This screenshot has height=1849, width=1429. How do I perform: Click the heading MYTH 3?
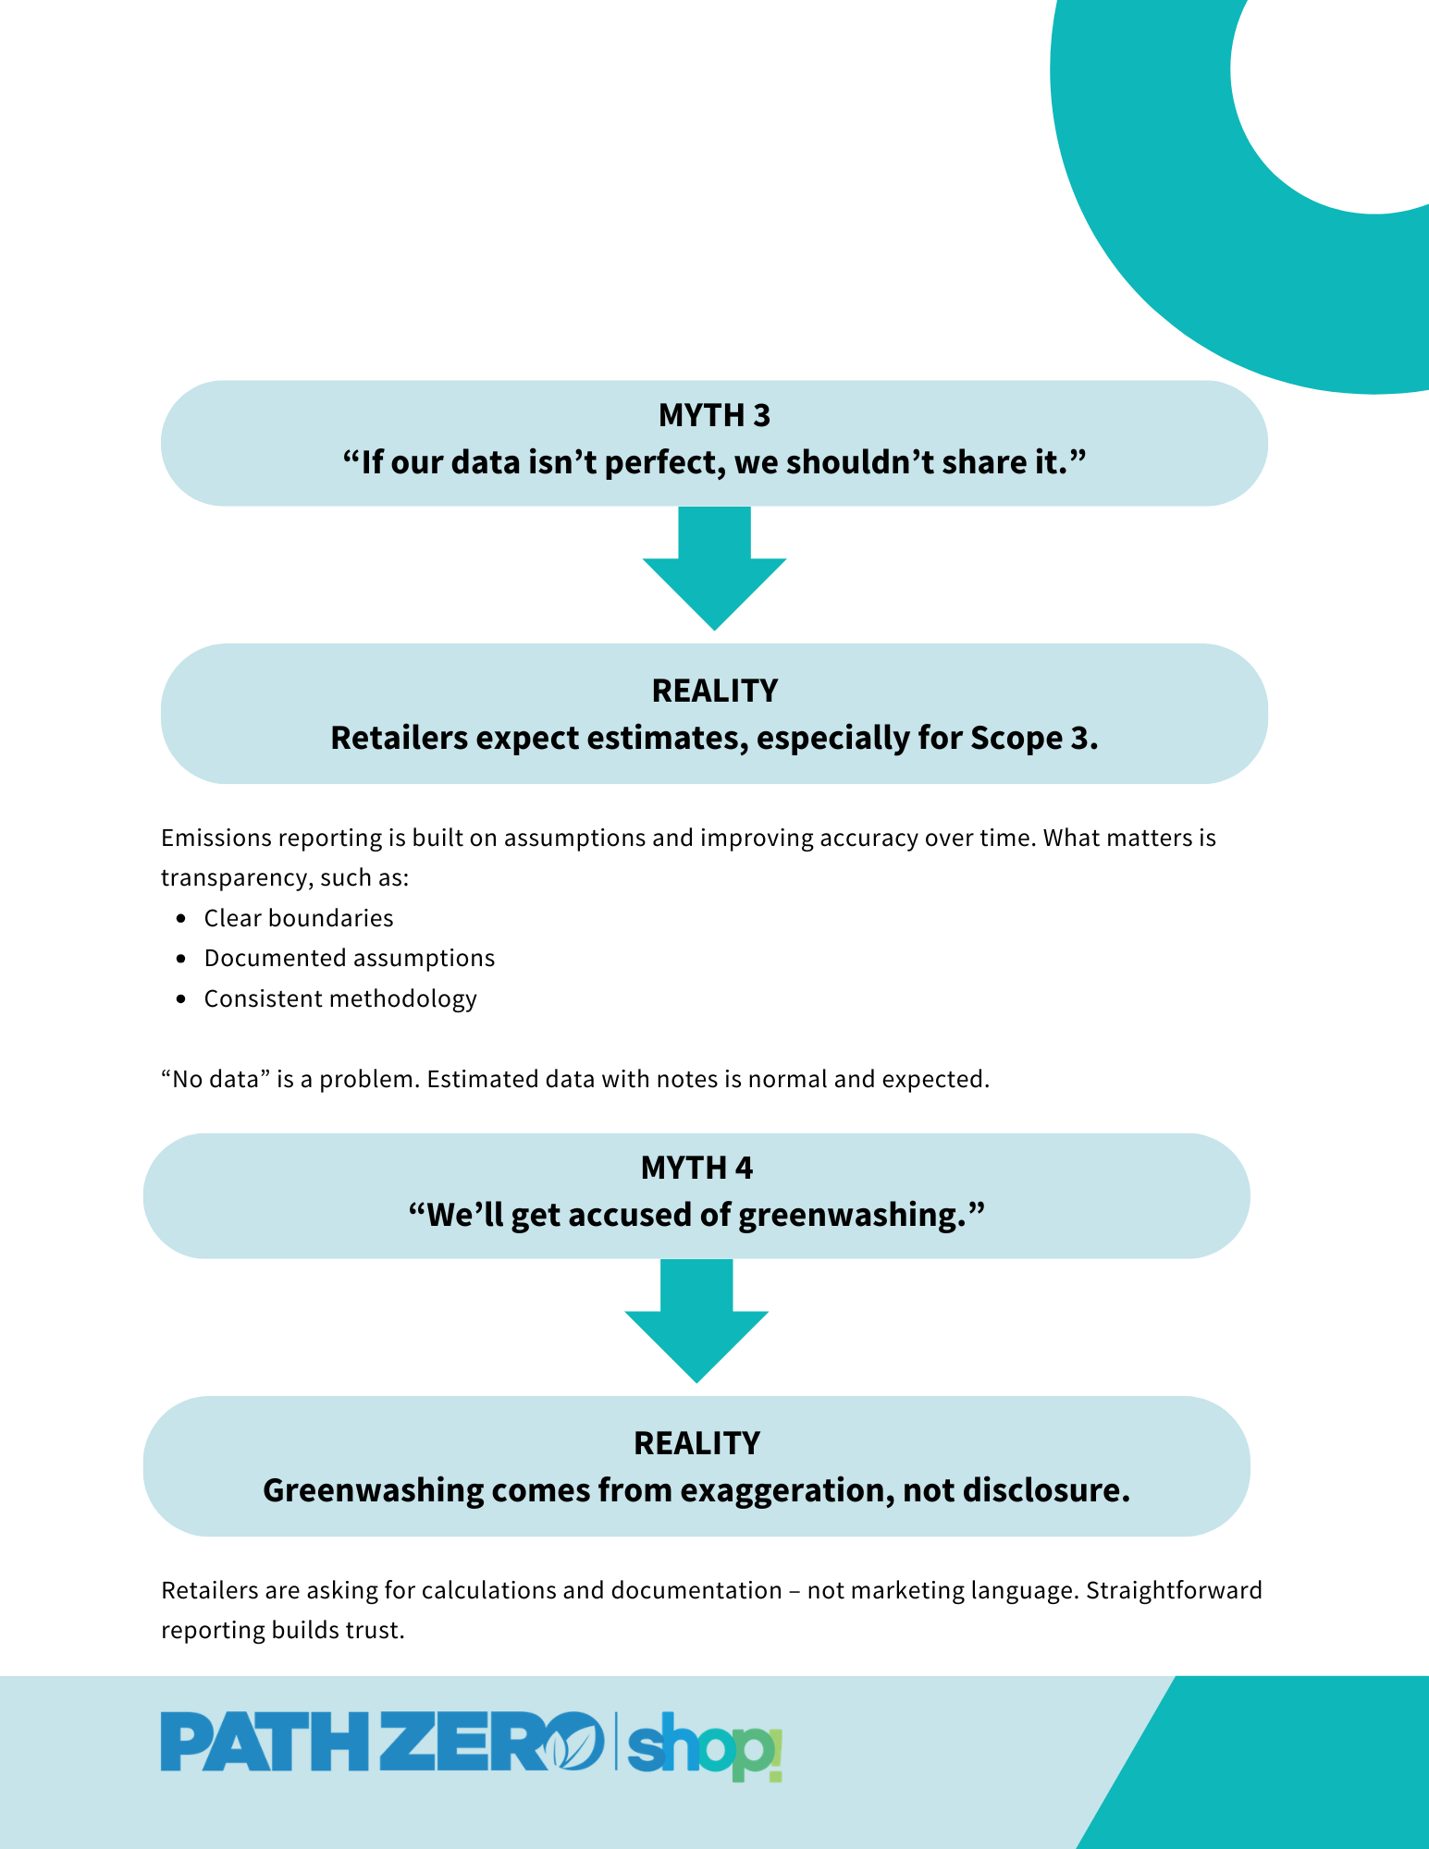714,416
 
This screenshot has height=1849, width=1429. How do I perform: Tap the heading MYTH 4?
696,1169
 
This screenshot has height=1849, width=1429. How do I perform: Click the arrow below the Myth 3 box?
714,568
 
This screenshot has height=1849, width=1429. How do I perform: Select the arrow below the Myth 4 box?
696,1320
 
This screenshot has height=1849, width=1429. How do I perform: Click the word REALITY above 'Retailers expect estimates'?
714,691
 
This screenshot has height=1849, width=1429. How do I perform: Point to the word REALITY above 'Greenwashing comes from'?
696,1443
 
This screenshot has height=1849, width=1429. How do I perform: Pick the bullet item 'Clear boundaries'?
299,918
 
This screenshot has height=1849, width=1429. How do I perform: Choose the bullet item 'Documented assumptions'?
350,958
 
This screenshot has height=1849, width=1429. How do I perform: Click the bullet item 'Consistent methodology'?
340,998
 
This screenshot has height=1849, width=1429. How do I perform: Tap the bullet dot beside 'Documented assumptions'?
181,959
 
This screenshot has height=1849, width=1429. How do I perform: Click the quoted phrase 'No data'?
218,1079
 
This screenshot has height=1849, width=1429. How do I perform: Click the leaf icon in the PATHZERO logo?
572,1741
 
